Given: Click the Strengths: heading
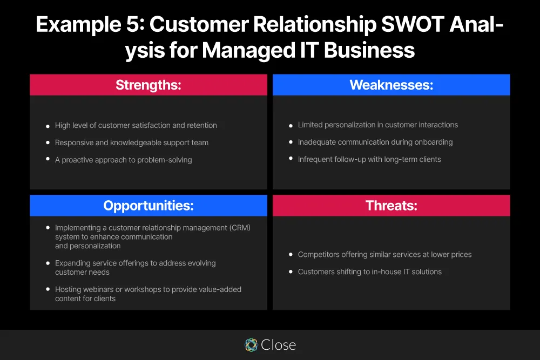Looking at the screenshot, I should [x=148, y=85].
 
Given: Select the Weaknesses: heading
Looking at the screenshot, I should [x=391, y=85].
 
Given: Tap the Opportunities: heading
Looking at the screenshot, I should [x=148, y=206].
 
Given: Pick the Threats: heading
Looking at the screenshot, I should [x=391, y=206].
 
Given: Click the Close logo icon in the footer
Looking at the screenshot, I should [x=251, y=345].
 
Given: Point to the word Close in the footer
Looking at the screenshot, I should [x=278, y=345].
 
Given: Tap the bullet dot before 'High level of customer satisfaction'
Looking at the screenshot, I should [x=48, y=126].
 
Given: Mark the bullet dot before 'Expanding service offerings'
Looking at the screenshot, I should [x=48, y=263].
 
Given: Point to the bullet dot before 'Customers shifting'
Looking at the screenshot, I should [x=291, y=272].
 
